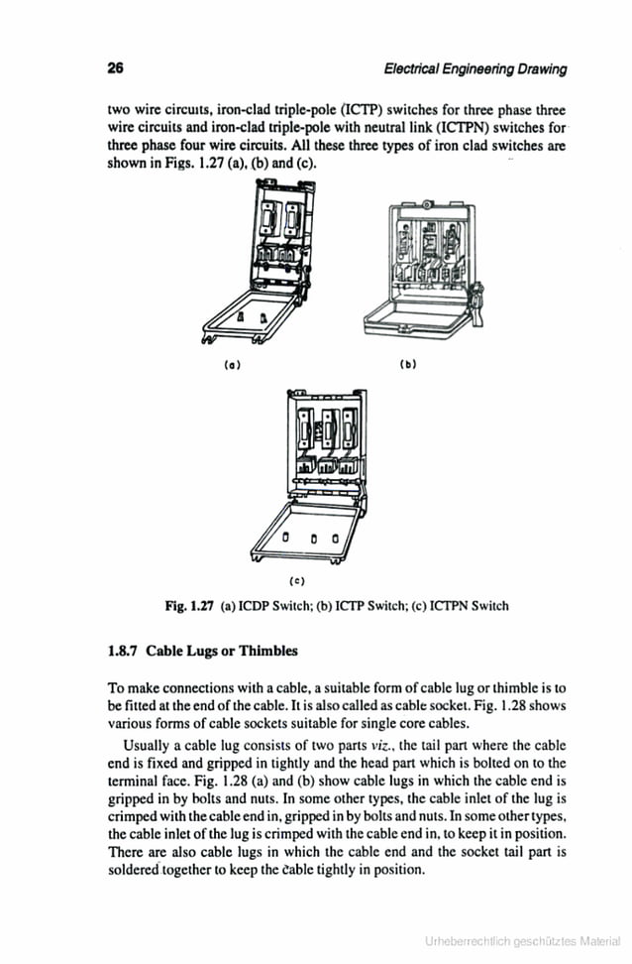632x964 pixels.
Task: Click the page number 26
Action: pos(115,68)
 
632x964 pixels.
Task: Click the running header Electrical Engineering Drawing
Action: pos(474,69)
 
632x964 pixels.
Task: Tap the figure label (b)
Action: pos(407,364)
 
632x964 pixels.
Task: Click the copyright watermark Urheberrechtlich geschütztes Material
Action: pos(523,940)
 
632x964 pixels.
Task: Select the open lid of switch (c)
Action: pos(308,537)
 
